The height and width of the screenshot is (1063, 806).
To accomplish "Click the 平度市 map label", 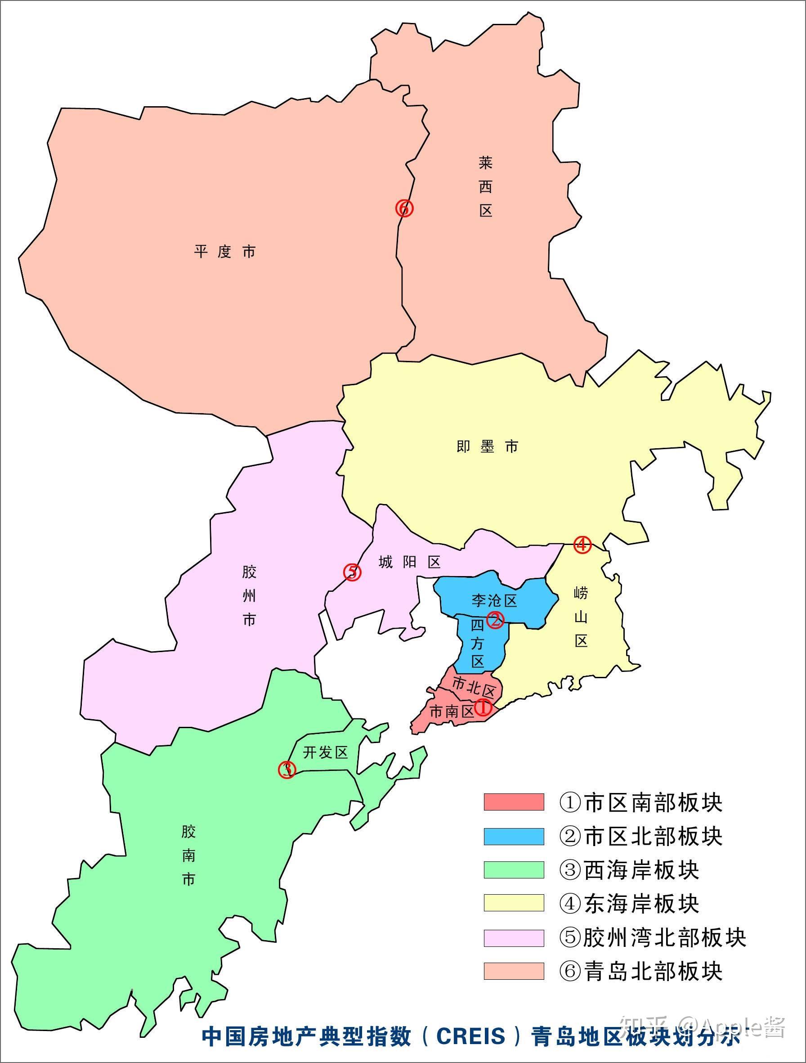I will click(225, 252).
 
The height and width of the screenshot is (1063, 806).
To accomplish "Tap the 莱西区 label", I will click(486, 186).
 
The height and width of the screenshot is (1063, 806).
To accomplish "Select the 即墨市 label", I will click(487, 447).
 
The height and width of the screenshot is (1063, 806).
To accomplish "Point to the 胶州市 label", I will click(249, 596).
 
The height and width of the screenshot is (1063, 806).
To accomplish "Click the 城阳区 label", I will click(409, 562).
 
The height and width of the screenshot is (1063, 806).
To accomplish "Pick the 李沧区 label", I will click(493, 601).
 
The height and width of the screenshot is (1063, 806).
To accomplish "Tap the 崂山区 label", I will click(581, 617).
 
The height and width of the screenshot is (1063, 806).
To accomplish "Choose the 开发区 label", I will click(325, 752).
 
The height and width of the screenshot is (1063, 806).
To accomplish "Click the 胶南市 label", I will click(188, 856).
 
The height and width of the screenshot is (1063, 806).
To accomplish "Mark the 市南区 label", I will click(452, 712).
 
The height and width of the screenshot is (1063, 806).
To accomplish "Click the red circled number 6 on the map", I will click(404, 208).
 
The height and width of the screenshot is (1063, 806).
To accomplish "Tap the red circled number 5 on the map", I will click(352, 572).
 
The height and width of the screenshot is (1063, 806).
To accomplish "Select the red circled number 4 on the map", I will click(582, 545).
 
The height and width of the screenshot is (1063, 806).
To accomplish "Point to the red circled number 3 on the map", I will click(287, 770).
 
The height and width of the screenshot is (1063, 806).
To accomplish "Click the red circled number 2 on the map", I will click(495, 620).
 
